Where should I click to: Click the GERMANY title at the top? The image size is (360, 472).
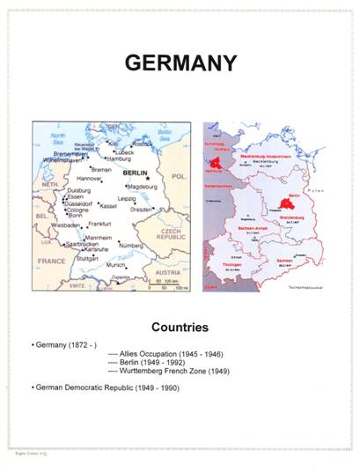coord(180,63)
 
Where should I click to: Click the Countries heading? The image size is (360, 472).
coord(180,328)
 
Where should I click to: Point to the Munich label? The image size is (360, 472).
coord(115,264)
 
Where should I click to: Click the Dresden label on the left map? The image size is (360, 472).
coord(142,210)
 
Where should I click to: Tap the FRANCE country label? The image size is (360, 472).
coord(51,262)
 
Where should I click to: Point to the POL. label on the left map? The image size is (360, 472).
coord(180,177)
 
